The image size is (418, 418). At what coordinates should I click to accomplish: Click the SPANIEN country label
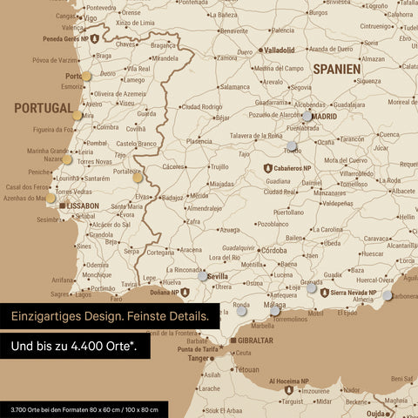pos(337,67)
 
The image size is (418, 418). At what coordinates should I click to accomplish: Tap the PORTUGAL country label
pos(43,107)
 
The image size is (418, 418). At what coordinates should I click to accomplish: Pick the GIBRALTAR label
pos(254,340)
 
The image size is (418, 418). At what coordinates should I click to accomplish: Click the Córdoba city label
pos(273,251)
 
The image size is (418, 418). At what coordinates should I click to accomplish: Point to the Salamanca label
pos(235,87)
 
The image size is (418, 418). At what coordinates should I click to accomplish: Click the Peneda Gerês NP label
pos(62,39)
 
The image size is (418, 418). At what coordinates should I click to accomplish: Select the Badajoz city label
pos(172,198)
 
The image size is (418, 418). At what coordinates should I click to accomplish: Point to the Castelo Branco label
pos(137,142)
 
